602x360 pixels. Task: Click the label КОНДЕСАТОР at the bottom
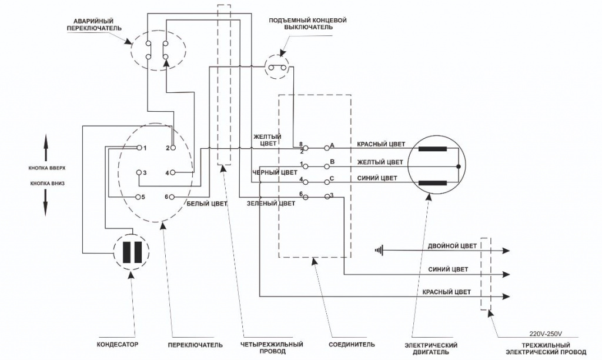(x=118, y=345)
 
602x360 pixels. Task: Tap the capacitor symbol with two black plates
(x=132, y=252)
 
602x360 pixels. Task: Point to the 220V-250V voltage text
(x=546, y=334)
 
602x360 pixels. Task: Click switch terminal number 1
(x=139, y=148)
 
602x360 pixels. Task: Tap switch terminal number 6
(x=172, y=196)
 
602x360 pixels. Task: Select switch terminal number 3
(x=139, y=172)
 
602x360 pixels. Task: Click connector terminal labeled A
(x=327, y=147)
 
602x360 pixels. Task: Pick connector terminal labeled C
(x=327, y=181)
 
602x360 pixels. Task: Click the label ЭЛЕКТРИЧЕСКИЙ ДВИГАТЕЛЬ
(x=432, y=348)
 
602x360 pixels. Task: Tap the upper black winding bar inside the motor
(x=433, y=149)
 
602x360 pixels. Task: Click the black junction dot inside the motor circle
(x=459, y=166)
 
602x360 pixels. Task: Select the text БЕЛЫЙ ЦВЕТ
(x=207, y=204)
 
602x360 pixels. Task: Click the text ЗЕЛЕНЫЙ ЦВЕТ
(x=271, y=204)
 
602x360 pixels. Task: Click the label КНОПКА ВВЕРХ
(x=46, y=168)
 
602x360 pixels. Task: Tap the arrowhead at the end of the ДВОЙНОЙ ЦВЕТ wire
(x=506, y=251)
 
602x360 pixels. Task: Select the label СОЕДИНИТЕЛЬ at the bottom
(x=352, y=345)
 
